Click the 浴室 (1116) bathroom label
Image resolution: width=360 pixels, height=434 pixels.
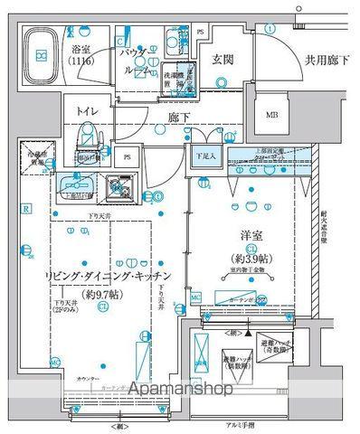(82, 57)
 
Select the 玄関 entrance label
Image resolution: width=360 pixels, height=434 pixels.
(223, 60)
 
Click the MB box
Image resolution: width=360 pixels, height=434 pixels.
(271, 115)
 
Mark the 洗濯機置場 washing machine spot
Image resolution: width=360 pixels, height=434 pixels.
(175, 78)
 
